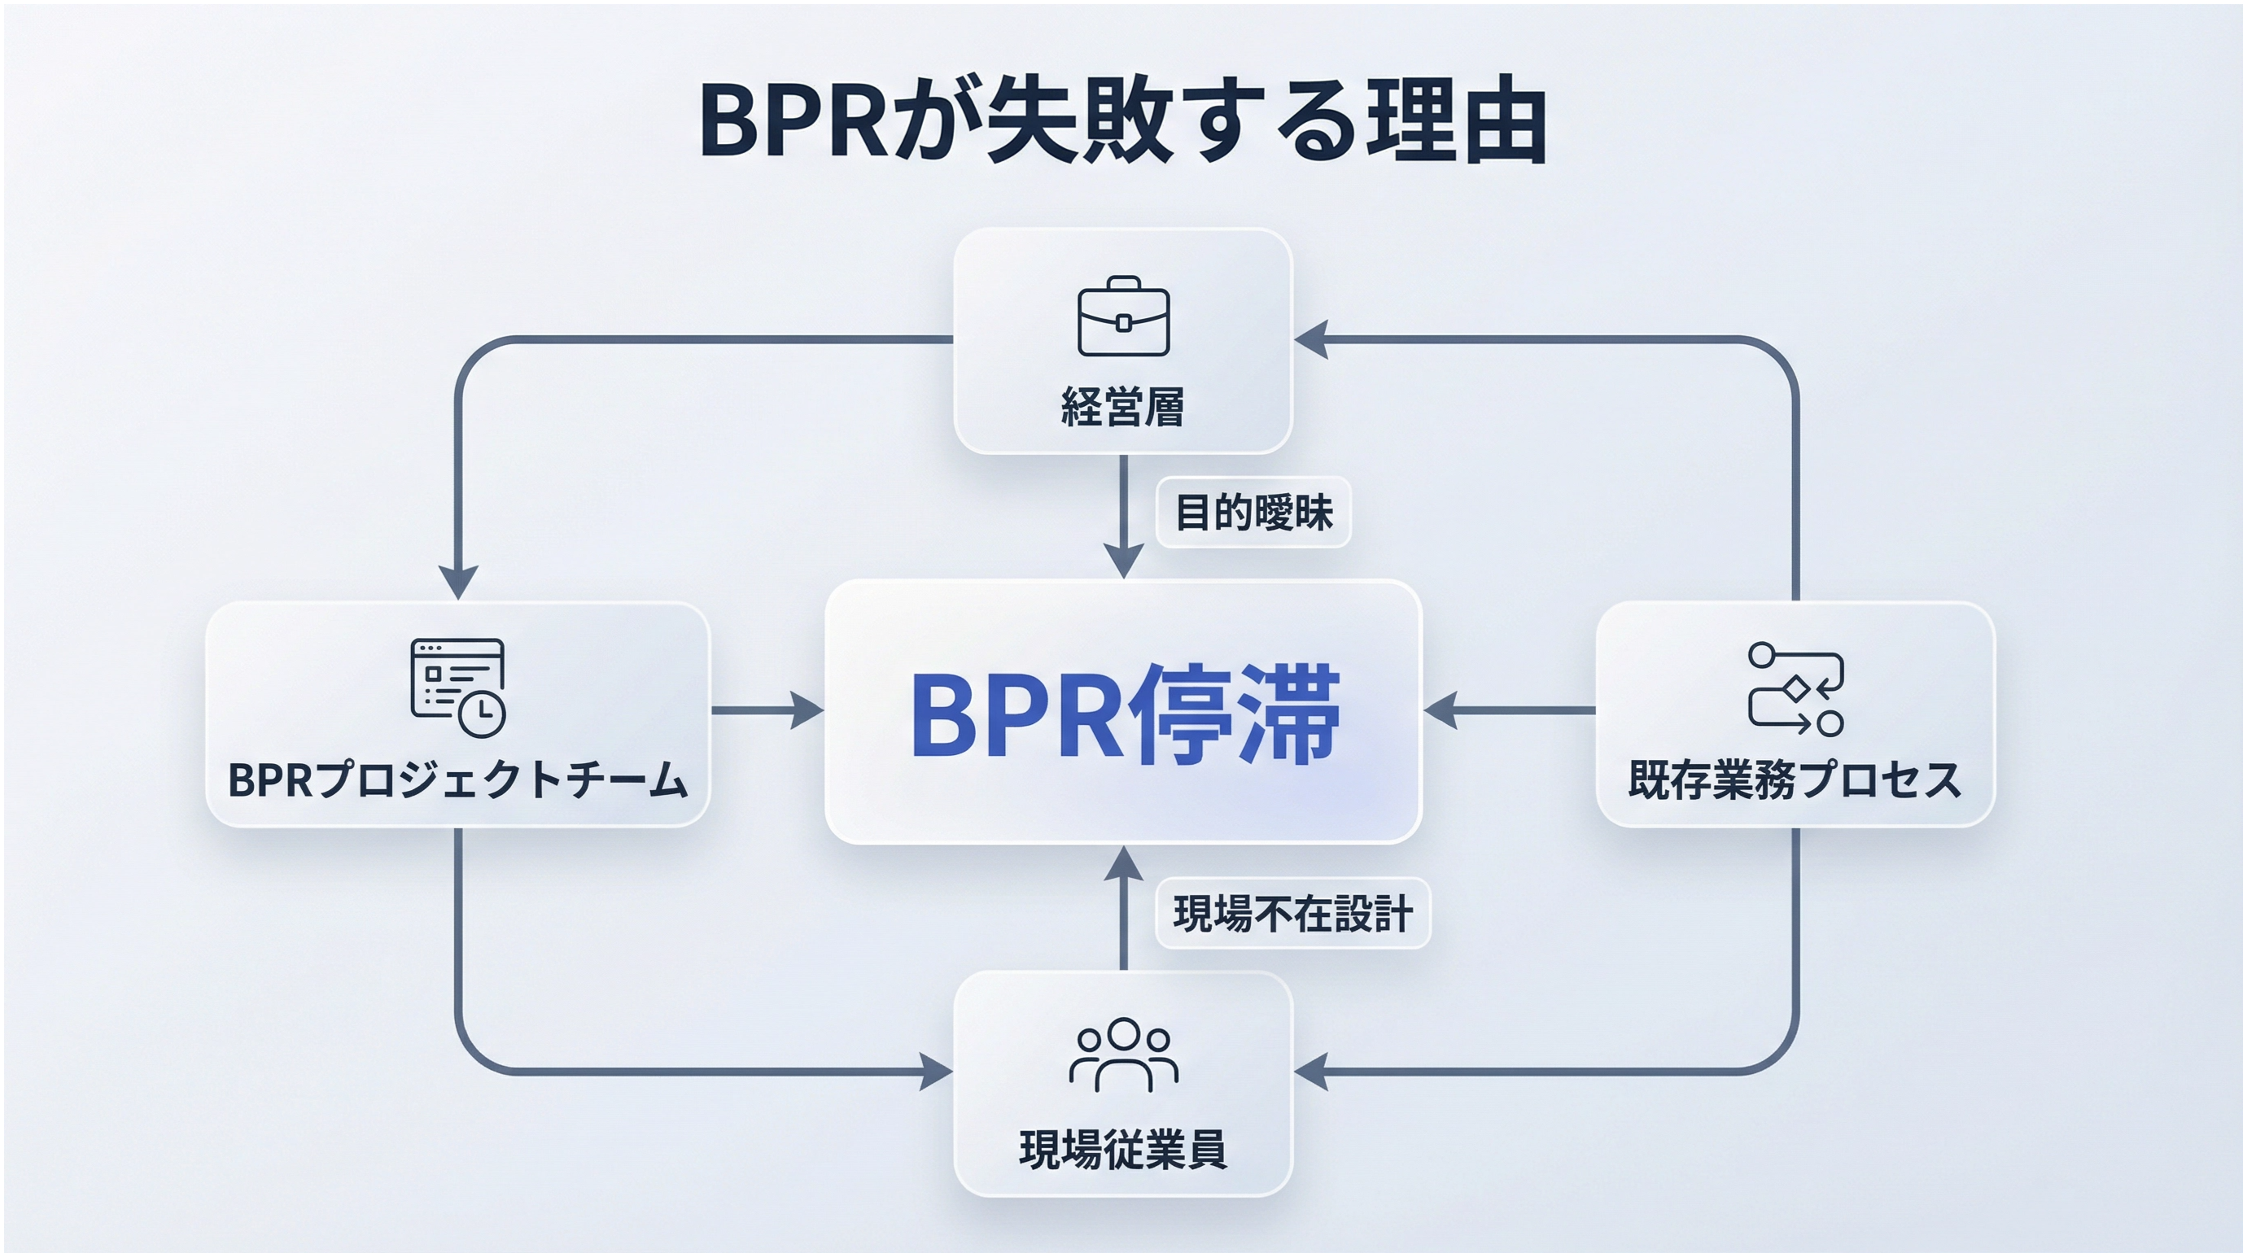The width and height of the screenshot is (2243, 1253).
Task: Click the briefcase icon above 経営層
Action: [x=1123, y=317]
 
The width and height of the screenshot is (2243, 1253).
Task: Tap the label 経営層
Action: [x=1122, y=408]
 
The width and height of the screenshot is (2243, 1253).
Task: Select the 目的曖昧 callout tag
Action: [x=1253, y=512]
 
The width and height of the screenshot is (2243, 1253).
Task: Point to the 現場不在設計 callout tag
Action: [x=1292, y=915]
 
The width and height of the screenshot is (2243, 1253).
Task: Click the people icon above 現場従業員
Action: [x=1123, y=1054]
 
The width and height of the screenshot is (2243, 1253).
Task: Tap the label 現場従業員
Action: [x=1123, y=1150]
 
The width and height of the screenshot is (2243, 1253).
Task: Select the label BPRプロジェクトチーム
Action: [x=458, y=780]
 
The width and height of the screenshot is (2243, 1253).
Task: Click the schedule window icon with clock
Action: [x=458, y=688]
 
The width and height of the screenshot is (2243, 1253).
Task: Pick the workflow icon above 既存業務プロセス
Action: [x=1795, y=689]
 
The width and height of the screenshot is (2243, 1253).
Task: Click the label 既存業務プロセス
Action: [x=1795, y=780]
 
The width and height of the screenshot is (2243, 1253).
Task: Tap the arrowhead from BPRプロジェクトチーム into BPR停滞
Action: [x=808, y=710]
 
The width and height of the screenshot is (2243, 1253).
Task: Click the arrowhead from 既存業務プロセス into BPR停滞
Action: [x=1441, y=710]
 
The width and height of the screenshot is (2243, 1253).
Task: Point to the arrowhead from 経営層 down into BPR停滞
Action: [x=1123, y=561]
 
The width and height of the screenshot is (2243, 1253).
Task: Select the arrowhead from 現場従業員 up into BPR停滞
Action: [x=1123, y=862]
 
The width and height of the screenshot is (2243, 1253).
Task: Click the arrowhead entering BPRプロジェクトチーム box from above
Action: [x=457, y=582]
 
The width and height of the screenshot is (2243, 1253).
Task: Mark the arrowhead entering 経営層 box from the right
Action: [x=1311, y=339]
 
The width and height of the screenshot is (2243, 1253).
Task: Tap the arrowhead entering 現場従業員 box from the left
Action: [x=936, y=1071]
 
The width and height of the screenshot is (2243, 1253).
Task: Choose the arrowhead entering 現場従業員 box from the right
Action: [x=1311, y=1071]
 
